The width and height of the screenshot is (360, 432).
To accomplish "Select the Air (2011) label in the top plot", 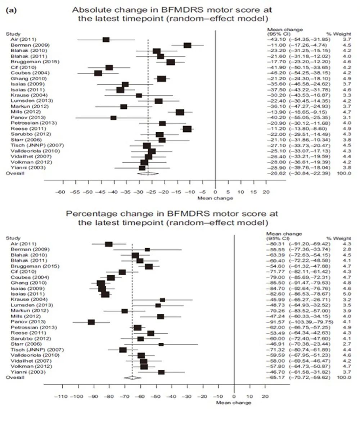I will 23,39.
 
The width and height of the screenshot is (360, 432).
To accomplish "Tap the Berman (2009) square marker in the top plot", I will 187,45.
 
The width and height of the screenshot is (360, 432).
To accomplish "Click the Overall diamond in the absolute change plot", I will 148,173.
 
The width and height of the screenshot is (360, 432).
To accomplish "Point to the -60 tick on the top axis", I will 62,192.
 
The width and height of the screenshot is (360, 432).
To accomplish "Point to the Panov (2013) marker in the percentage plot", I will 91,322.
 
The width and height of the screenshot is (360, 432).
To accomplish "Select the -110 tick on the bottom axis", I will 62,397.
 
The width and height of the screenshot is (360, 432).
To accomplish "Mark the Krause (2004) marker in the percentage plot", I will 162,300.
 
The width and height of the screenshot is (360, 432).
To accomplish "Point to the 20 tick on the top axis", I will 266,192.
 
